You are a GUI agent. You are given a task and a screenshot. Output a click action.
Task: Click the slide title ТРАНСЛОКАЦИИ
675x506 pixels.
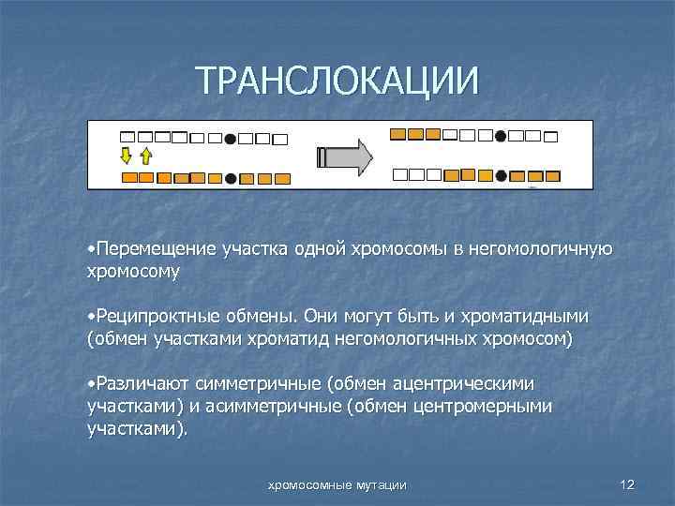(337, 80)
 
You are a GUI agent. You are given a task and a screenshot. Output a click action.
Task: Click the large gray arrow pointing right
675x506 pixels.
(345, 156)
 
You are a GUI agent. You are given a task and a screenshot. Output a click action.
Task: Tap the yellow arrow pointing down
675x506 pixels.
(127, 155)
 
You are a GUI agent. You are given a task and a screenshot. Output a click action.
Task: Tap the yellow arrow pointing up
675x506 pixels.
(145, 155)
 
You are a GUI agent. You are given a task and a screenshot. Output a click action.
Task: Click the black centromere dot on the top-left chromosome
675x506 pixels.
(230, 138)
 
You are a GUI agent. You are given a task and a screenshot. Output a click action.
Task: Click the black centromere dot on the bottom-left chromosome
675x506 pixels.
(230, 177)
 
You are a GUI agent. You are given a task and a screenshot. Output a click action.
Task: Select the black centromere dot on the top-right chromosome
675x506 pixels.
(501, 136)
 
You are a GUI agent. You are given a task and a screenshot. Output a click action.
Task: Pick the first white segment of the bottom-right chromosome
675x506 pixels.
(399, 174)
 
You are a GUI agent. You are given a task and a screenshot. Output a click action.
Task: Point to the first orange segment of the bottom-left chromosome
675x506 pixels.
(129, 177)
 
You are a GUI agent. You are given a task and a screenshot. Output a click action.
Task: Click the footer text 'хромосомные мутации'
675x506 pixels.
(337, 484)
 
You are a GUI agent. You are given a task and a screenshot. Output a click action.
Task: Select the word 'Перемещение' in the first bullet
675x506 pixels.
(151, 250)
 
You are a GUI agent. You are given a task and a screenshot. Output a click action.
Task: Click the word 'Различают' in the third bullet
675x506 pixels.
(137, 385)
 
